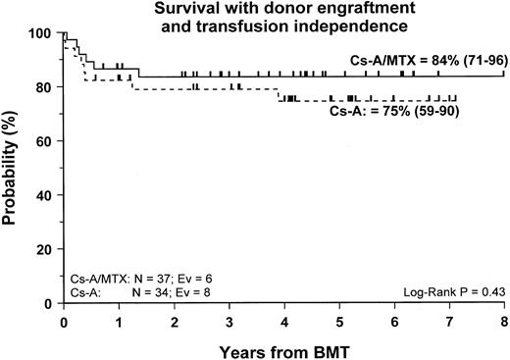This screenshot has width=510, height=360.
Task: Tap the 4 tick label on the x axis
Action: pos(282,319)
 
